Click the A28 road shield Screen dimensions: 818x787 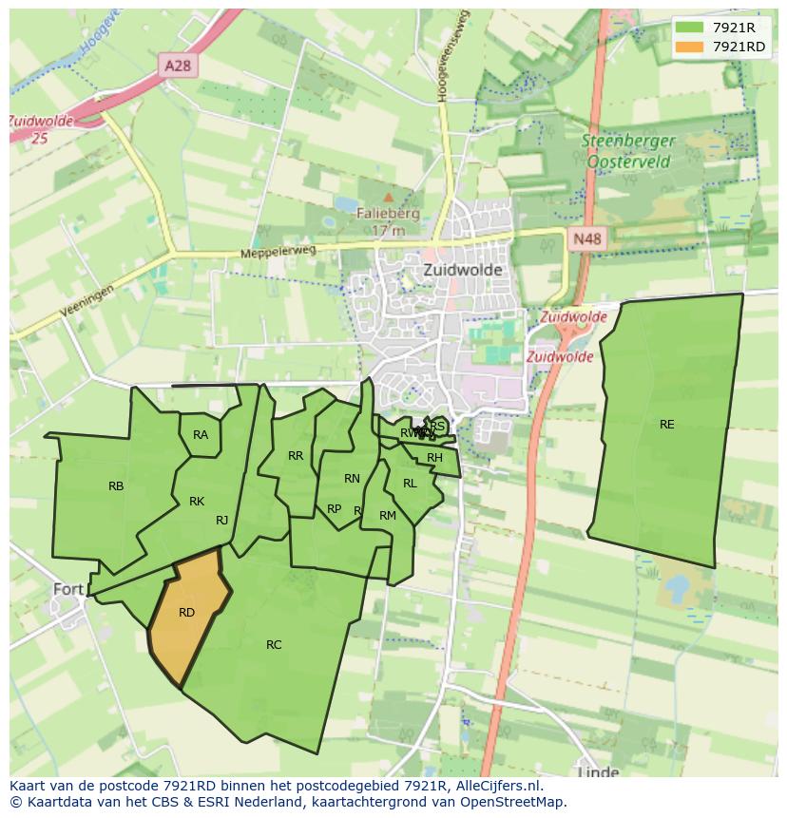coord(177,65)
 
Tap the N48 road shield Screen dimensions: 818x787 coord(586,239)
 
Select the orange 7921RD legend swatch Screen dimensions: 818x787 coord(690,47)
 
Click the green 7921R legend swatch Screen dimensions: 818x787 coord(690,29)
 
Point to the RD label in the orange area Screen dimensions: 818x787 coord(186,613)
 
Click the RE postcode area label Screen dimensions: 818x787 coord(666,425)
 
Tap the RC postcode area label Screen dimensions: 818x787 coord(274,645)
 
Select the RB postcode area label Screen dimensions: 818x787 coord(116,486)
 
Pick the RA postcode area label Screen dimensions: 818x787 coord(201,435)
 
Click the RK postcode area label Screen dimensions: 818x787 coord(197,502)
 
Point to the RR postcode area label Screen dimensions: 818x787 coord(296,456)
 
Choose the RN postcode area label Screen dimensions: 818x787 coord(352,479)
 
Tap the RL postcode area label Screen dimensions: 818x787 coord(410,484)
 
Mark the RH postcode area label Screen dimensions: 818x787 coord(434,458)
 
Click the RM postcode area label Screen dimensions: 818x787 coord(387,516)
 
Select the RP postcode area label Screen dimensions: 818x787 coord(334,509)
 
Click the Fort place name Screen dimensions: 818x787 coord(68,589)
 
